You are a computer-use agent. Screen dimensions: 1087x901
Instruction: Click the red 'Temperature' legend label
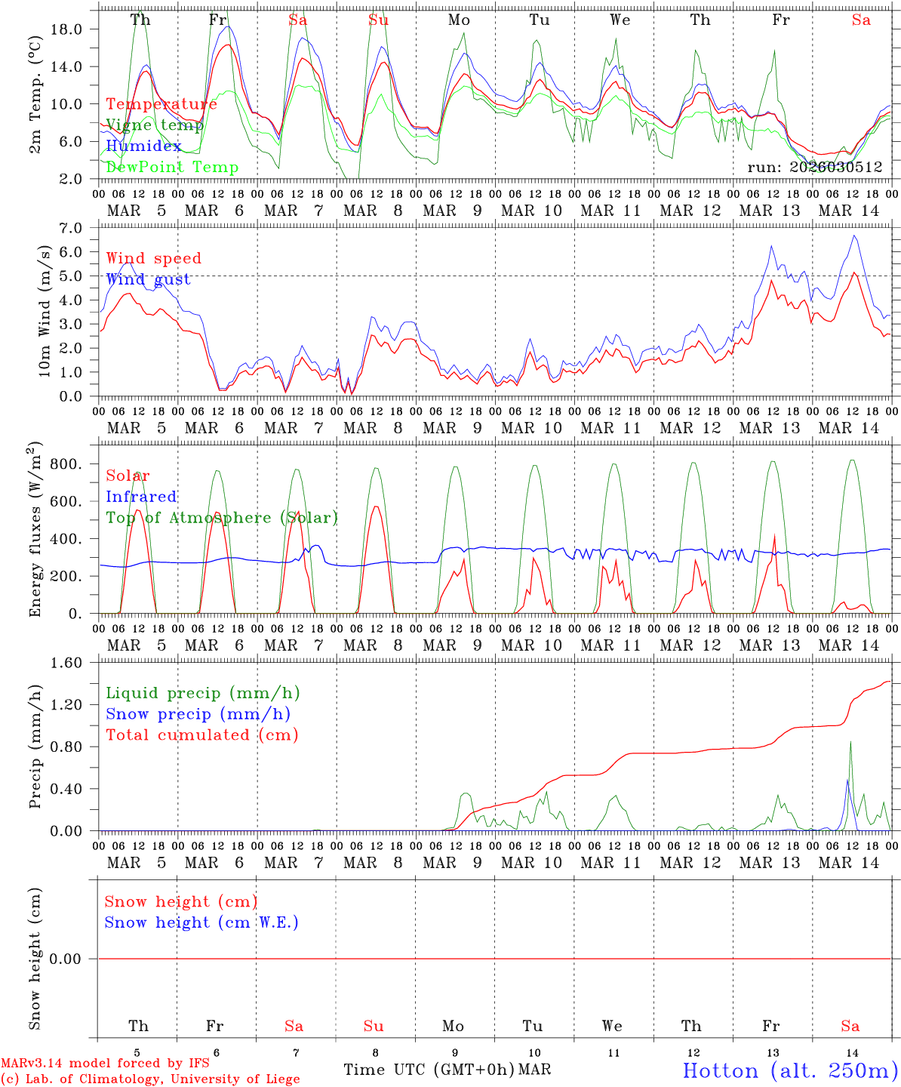coord(161,104)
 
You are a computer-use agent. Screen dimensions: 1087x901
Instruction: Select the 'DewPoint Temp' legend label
coord(172,168)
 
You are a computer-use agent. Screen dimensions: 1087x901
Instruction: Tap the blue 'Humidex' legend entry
coord(143,146)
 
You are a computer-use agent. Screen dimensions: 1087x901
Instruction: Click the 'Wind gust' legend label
coord(148,280)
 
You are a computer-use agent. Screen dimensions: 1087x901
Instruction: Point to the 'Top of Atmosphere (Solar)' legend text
coord(222,518)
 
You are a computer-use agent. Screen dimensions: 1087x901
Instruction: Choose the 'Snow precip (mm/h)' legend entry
coord(198,714)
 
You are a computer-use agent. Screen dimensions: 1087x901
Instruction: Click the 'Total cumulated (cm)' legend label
coord(201,735)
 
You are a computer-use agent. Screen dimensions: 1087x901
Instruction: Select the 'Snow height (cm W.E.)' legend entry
coord(201,922)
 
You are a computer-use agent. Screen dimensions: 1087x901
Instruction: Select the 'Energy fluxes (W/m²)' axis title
coord(35,531)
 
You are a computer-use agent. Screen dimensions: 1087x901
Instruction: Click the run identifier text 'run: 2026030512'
coord(815,167)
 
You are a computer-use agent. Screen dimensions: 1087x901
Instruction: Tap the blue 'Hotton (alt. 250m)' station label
coord(789,1070)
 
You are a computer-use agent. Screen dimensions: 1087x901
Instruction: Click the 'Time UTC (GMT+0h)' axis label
coord(429,1070)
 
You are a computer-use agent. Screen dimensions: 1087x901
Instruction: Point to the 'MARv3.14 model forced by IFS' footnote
coord(105,1064)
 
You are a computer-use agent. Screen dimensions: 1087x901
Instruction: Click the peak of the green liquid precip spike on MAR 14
coord(851,741)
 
